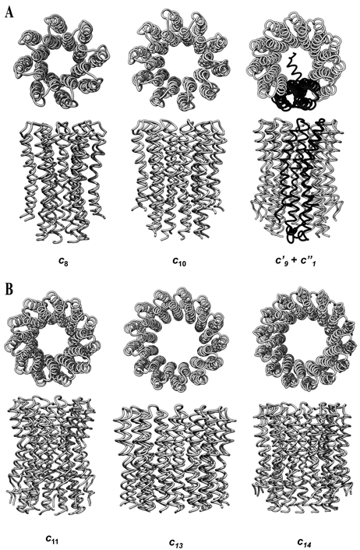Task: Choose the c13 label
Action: point(176,542)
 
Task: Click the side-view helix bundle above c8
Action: point(63,182)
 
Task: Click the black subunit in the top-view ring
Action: point(295,89)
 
